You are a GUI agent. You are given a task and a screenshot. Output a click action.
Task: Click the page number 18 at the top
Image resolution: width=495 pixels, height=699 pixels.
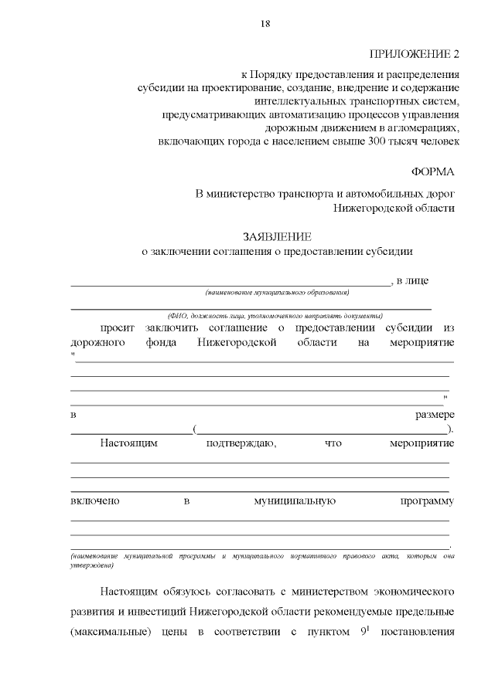tap(265, 24)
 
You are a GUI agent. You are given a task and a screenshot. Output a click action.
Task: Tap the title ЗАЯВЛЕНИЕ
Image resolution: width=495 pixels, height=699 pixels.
tap(276, 236)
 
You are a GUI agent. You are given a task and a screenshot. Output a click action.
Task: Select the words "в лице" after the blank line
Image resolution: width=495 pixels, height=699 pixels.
tap(412, 280)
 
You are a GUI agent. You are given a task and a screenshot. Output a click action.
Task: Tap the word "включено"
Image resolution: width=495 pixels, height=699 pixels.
tap(94, 501)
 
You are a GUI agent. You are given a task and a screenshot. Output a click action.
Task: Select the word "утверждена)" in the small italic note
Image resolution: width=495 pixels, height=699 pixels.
tap(92, 565)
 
